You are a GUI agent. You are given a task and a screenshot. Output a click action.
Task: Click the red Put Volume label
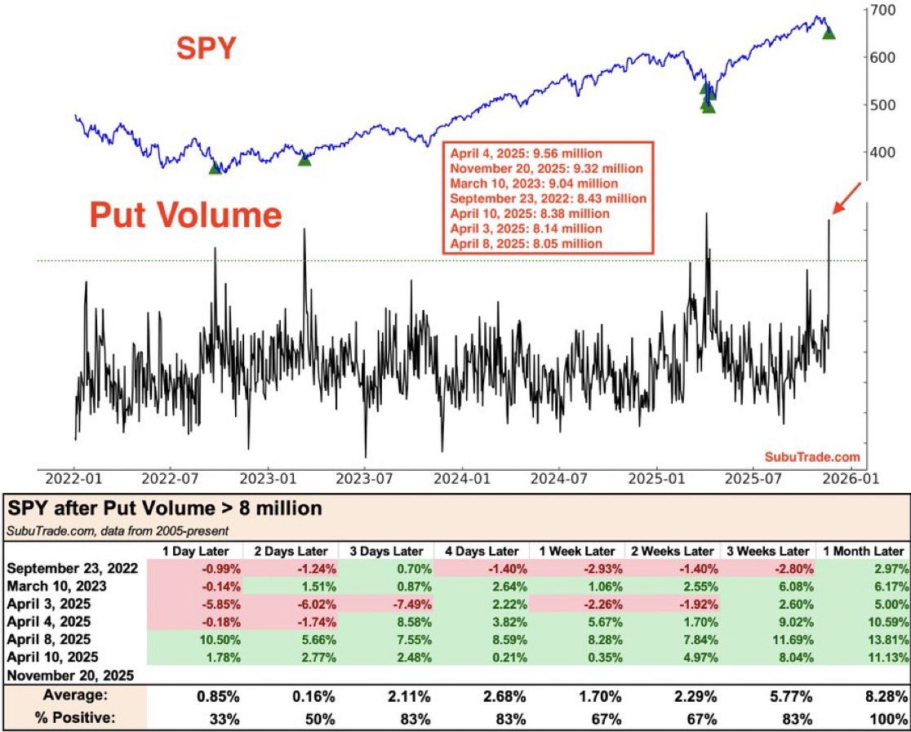pyautogui.click(x=185, y=215)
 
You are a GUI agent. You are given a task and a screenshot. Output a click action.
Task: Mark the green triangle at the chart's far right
pyautogui.click(x=829, y=33)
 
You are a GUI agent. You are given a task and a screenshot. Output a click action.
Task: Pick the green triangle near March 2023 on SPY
pyautogui.click(x=304, y=159)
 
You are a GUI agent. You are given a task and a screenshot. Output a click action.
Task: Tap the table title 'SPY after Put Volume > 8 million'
pyautogui.click(x=164, y=508)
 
